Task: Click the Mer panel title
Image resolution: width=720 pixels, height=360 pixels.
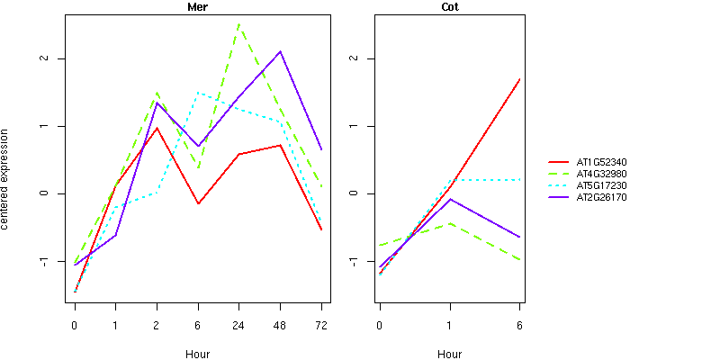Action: point(197,7)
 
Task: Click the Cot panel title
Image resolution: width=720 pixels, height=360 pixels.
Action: point(450,7)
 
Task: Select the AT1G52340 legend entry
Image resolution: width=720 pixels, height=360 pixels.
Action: point(607,162)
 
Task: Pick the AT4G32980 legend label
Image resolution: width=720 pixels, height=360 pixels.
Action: point(607,174)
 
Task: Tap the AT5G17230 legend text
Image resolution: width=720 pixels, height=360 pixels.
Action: point(607,185)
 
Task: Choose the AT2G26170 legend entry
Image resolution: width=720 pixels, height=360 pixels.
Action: point(607,197)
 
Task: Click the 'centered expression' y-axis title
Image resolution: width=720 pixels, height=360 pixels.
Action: point(7,180)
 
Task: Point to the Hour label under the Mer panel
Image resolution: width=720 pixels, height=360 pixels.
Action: point(197,354)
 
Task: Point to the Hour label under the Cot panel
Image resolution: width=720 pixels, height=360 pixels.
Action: point(450,354)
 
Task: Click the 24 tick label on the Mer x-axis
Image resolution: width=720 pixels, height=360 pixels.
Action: point(238,325)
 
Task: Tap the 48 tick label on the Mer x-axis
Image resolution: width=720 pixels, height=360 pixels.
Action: point(280,325)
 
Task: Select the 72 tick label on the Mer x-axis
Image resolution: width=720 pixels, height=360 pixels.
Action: point(321,325)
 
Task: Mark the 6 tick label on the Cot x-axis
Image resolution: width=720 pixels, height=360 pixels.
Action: point(519,325)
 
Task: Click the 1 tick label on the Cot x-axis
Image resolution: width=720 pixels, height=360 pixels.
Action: point(450,325)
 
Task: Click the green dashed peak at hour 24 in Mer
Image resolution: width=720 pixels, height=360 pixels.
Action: point(238,25)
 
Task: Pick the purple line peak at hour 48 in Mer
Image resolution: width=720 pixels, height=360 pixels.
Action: point(280,51)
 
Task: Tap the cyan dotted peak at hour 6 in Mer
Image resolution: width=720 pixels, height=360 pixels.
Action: point(198,93)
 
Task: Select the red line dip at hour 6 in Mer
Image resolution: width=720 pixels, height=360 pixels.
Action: point(198,203)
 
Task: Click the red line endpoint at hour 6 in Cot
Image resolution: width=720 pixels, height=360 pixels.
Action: point(519,79)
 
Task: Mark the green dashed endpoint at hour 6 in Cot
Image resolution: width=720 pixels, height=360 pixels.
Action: point(519,260)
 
